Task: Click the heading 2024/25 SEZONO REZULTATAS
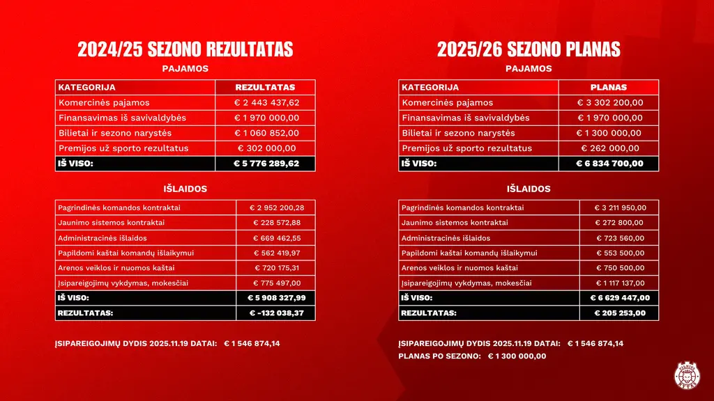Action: [185, 49]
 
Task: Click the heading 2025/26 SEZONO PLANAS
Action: [529, 49]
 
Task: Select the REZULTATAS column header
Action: [266, 88]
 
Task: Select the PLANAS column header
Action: [609, 88]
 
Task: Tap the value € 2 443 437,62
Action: [266, 102]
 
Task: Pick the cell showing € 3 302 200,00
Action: [609, 102]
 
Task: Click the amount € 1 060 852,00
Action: [266, 133]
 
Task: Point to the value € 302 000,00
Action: [266, 148]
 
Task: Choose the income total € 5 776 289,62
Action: [266, 164]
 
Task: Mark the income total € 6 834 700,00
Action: [609, 164]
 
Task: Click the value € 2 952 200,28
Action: [276, 207]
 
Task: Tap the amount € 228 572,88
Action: [276, 223]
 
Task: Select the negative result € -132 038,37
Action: [276, 313]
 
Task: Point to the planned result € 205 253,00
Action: [619, 313]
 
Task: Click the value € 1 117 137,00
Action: [619, 283]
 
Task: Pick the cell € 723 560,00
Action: [619, 238]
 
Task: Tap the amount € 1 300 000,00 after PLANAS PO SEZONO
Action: [517, 356]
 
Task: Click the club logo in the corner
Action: [687, 376]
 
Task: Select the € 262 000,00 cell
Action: [609, 148]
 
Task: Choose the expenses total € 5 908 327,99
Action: [276, 298]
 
